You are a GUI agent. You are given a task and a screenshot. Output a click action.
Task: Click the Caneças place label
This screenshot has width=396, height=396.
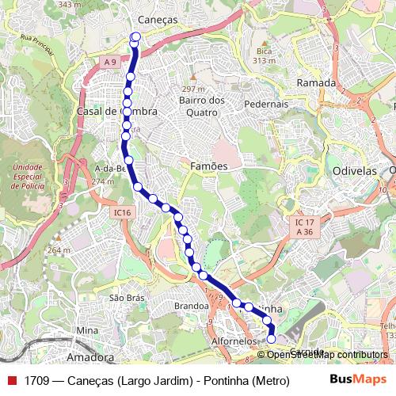click(x=157, y=19)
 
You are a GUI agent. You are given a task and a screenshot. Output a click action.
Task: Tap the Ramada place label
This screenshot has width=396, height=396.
click(x=316, y=82)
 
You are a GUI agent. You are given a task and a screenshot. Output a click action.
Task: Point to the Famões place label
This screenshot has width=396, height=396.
click(x=209, y=166)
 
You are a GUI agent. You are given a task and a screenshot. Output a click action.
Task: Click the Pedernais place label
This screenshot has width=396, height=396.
click(x=266, y=104)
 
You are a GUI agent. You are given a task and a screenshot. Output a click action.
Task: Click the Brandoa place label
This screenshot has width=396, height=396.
click(x=191, y=305)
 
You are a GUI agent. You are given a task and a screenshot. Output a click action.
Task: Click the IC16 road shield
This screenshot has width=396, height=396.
click(x=121, y=212)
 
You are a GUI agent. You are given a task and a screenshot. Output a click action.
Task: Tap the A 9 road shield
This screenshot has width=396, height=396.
click(x=109, y=62)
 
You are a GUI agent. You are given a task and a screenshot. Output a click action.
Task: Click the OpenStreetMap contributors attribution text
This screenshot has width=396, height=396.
click(x=327, y=355)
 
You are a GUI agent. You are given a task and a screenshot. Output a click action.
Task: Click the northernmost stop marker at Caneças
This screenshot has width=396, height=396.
click(x=135, y=36)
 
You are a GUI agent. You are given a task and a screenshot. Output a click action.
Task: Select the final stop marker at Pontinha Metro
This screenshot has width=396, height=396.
click(x=271, y=339)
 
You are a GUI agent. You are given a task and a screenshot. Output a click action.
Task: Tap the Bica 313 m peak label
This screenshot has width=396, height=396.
click(x=264, y=55)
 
